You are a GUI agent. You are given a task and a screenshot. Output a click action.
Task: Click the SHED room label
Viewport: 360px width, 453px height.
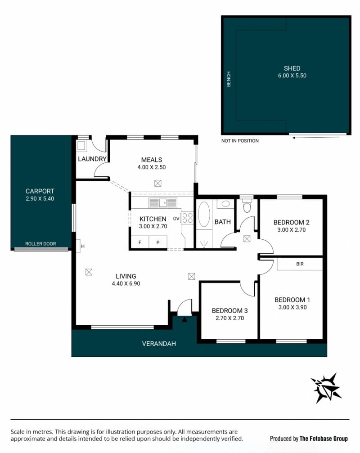click(x=292, y=68)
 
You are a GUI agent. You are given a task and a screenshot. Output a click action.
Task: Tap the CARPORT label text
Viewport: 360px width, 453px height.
click(x=40, y=191)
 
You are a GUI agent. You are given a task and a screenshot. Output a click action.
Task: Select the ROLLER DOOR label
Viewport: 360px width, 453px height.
click(x=40, y=244)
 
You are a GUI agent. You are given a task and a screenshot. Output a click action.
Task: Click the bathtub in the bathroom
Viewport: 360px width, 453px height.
click(x=204, y=214)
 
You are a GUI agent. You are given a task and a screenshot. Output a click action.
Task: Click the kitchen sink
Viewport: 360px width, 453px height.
click(x=162, y=203)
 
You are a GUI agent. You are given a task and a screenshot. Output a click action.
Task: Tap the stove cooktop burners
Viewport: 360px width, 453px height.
click(x=187, y=218)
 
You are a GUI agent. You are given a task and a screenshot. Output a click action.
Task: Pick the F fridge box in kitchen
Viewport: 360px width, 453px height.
click(x=140, y=242)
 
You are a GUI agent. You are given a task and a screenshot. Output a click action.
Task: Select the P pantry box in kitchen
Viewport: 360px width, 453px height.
click(x=158, y=242)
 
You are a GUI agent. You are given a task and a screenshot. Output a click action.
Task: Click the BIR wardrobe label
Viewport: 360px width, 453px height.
click(x=300, y=264)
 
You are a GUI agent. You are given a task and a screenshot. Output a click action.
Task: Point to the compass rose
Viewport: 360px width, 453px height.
click(x=326, y=388)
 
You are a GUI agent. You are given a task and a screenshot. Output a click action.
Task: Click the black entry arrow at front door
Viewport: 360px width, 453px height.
click(x=184, y=319)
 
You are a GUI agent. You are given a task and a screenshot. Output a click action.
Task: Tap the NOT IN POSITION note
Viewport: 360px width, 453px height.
click(x=240, y=141)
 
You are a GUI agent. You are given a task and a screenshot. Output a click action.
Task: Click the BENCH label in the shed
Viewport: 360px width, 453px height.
click(x=229, y=79)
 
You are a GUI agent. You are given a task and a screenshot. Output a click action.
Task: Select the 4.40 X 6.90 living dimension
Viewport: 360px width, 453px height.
click(x=126, y=284)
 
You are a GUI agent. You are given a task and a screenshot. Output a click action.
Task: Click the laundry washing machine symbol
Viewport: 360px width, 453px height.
click(x=81, y=145)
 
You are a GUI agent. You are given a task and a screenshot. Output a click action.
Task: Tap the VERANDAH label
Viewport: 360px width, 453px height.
click(x=159, y=344)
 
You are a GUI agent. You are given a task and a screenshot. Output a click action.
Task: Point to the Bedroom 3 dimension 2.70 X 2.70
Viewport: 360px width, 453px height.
click(x=229, y=318)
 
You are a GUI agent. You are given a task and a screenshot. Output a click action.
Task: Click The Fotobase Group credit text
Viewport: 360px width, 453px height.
click(x=324, y=439)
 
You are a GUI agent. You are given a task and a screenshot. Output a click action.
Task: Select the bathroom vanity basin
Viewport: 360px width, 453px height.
click(x=225, y=204)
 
